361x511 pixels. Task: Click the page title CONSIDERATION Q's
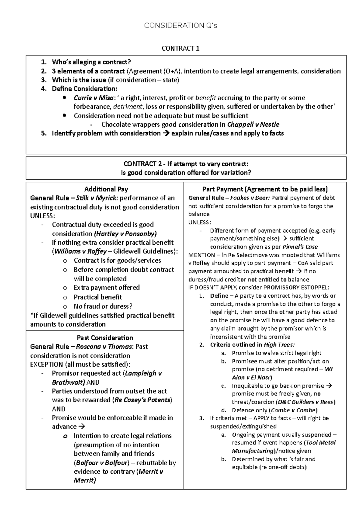180,26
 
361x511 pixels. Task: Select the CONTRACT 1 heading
180,48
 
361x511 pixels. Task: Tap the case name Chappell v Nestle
253,125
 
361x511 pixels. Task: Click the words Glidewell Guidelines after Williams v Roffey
145,251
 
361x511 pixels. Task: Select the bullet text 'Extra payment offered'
106,287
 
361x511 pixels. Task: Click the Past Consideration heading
105,338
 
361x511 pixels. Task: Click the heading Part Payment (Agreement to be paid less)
265,189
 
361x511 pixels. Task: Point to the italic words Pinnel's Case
300,247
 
